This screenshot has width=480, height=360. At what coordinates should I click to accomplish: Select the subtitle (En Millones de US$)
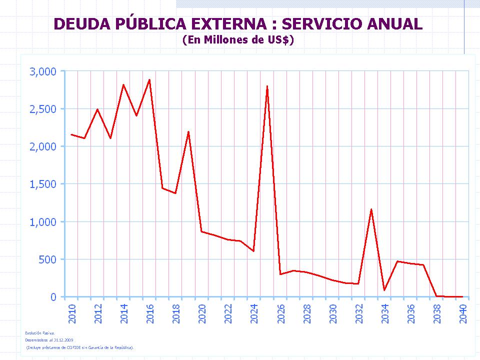pos(238,40)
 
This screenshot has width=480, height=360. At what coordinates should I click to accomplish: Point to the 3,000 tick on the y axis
pos(43,71)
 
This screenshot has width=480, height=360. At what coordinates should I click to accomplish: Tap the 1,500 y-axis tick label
pos(43,184)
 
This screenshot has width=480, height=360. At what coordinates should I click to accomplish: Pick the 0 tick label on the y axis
pos(53,297)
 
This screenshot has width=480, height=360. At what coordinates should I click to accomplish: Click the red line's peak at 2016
pos(149,80)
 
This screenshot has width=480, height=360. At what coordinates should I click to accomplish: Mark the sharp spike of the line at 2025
pos(267,86)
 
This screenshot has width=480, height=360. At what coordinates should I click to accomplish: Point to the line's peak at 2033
pos(371,209)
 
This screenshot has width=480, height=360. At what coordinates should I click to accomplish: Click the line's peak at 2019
pos(188,132)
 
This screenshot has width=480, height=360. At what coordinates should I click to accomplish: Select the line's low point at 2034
pos(384,290)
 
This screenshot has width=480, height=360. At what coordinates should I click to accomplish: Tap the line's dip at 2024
pos(253,251)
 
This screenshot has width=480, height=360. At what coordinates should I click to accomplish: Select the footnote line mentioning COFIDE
pos(80,347)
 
